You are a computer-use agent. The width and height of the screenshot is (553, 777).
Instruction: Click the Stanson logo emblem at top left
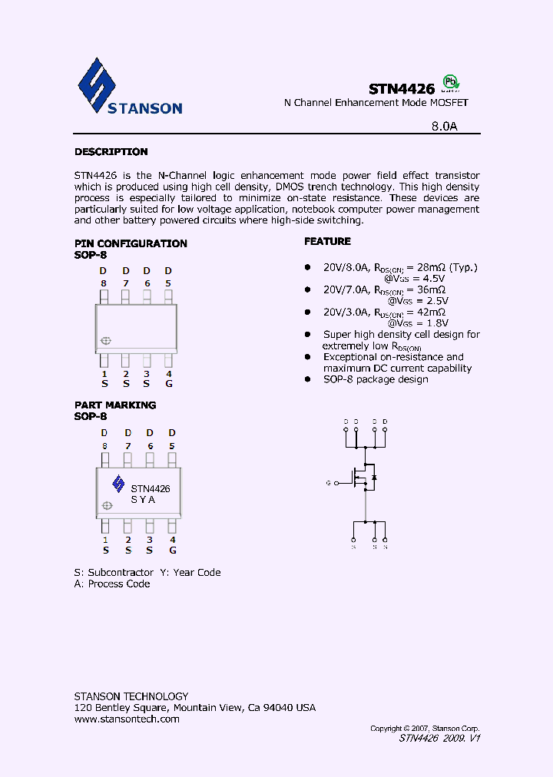pyautogui.click(x=97, y=84)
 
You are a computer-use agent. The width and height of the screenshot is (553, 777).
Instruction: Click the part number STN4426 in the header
pyautogui.click(x=401, y=89)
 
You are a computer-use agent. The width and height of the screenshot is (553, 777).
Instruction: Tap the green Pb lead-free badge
pyautogui.click(x=452, y=83)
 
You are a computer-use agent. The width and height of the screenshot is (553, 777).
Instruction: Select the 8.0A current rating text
pyautogui.click(x=443, y=127)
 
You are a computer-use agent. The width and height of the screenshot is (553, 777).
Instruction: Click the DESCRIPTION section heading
pyautogui.click(x=111, y=152)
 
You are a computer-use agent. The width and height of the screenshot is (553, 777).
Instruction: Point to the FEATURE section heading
pyautogui.click(x=327, y=241)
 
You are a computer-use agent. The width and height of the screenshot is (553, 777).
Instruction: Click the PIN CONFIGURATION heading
pyautogui.click(x=131, y=243)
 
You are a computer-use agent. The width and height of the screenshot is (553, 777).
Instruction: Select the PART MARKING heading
pyautogui.click(x=115, y=405)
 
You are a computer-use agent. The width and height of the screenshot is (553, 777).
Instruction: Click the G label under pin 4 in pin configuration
pyautogui.click(x=169, y=383)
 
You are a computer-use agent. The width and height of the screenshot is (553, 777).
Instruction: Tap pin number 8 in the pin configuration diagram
pyautogui.click(x=103, y=283)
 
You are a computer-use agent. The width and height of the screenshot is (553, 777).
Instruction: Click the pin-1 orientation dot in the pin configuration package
pyautogui.click(x=106, y=341)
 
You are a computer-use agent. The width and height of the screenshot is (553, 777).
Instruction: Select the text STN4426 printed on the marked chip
pyautogui.click(x=151, y=488)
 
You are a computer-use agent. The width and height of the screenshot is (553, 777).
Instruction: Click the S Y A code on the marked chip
pyautogui.click(x=143, y=500)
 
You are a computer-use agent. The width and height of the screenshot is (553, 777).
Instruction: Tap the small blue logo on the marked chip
pyautogui.click(x=118, y=483)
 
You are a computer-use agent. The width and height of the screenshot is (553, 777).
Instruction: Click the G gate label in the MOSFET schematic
pyautogui.click(x=328, y=483)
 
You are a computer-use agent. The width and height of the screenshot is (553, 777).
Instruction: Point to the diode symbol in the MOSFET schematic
pyautogui.click(x=374, y=478)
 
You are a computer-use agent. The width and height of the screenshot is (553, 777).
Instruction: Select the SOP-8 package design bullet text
pyautogui.click(x=376, y=379)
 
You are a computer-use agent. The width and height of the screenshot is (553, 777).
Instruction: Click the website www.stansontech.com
pyautogui.click(x=127, y=719)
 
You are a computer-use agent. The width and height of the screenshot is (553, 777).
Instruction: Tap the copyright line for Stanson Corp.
pyautogui.click(x=425, y=728)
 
